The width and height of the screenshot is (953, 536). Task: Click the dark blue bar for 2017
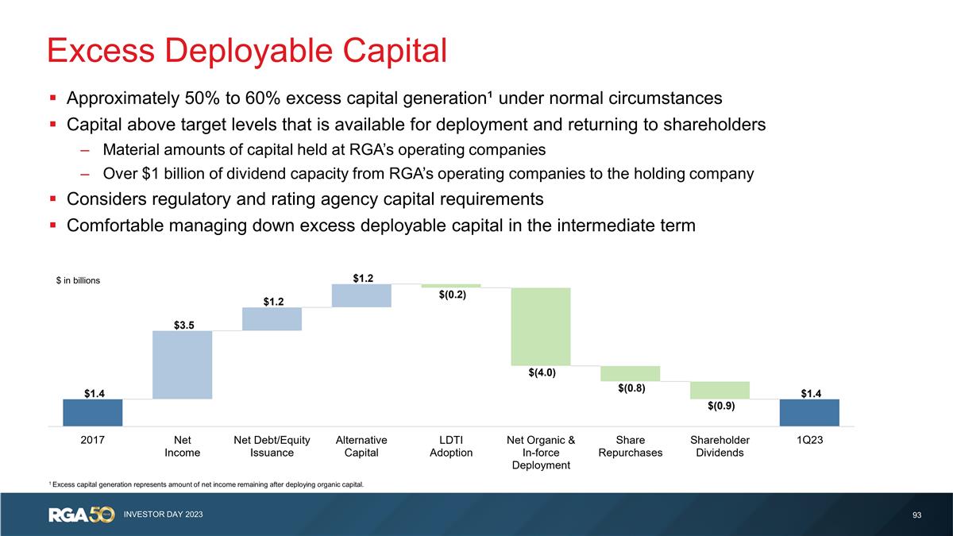point(92,412)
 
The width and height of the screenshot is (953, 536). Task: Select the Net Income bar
point(182,364)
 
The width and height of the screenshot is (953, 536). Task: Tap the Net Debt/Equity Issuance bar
point(272,318)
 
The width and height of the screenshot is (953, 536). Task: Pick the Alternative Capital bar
point(361,295)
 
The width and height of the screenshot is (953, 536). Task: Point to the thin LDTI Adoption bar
point(451,285)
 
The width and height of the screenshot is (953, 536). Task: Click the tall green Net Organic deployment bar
point(541,326)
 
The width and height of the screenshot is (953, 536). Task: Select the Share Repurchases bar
point(631,373)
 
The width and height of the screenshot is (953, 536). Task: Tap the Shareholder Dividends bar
point(720,390)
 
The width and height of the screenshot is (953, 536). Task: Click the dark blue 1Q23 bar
point(809,412)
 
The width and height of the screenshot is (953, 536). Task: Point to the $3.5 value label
point(182,324)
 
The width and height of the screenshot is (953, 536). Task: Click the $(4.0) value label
point(541,373)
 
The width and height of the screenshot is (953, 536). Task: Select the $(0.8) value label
point(631,389)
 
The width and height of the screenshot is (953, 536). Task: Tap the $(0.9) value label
point(720,406)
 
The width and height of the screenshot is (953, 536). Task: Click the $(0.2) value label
point(451,295)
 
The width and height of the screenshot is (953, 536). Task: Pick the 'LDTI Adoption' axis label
point(451,445)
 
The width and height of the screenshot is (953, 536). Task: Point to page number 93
point(917,515)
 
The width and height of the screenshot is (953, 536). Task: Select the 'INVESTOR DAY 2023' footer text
point(163,515)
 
